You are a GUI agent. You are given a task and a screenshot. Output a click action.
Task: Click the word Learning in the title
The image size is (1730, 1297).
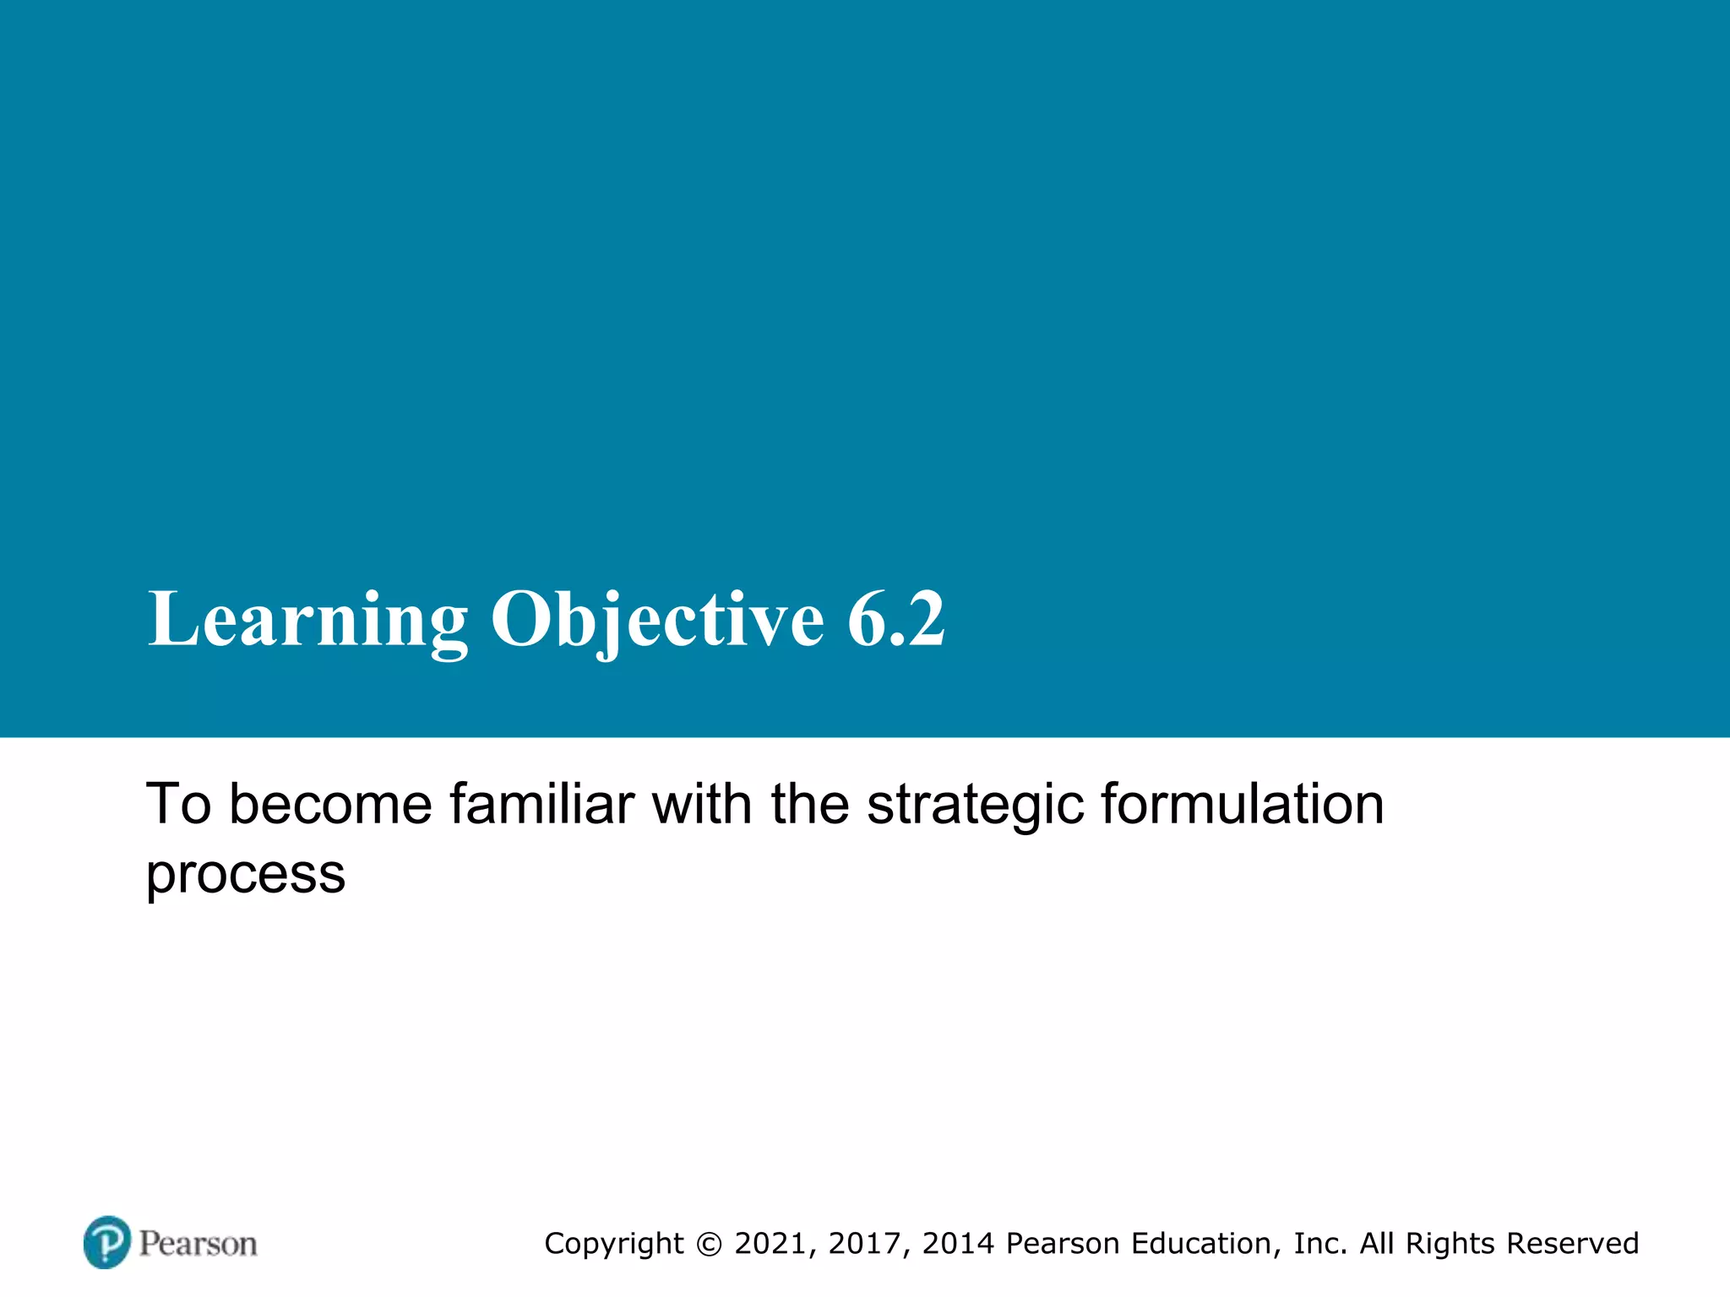click(307, 621)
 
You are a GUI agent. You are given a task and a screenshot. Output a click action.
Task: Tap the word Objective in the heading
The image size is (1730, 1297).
click(657, 621)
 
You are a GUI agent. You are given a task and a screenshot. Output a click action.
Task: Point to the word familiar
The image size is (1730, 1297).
click(541, 804)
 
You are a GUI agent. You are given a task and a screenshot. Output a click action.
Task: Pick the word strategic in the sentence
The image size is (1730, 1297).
click(976, 804)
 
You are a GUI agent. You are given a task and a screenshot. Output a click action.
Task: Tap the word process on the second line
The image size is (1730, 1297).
click(246, 875)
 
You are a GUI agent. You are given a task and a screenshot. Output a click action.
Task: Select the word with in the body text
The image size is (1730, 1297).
click(701, 804)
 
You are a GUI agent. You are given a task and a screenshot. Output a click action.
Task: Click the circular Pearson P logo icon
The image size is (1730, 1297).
click(107, 1242)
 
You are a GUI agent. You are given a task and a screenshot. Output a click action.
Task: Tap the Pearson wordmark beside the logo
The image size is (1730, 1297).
click(199, 1244)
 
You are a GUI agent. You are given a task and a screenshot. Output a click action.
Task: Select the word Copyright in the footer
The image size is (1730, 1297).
click(614, 1244)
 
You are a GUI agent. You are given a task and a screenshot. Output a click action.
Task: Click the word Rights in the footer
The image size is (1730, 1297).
click(1450, 1244)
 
